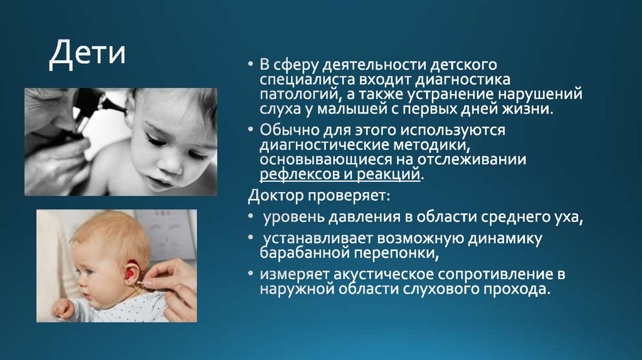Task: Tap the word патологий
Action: pos(299,95)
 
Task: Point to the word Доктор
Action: pos(275,196)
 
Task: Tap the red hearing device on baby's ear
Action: pos(131,272)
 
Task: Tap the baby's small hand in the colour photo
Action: pos(62,308)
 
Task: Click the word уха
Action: pos(570,218)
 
